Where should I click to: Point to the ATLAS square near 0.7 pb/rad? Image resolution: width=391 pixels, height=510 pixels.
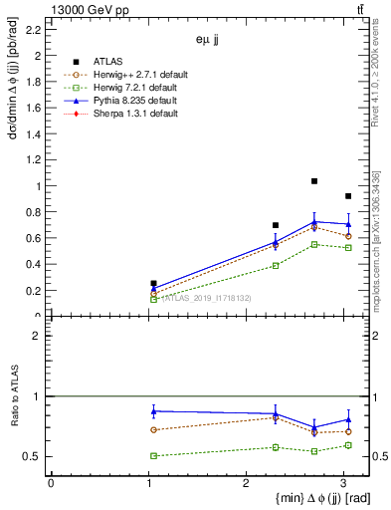coord(276,225)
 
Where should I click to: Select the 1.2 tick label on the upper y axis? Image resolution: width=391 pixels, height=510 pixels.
coord(35,160)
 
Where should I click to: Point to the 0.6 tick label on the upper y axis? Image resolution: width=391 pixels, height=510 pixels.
coord(35,239)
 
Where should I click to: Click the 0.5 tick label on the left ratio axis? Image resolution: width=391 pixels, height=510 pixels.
coord(35,456)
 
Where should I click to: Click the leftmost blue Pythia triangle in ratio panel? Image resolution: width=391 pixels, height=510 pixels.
coord(153,410)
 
